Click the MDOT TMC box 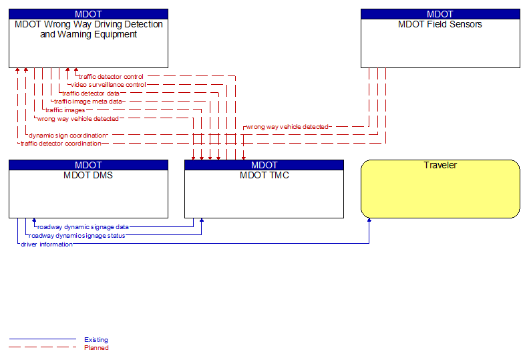[264, 194]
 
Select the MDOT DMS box [88, 194]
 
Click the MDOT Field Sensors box [440, 43]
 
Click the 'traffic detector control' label [111, 77]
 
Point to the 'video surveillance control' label [108, 85]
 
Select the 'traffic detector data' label [92, 94]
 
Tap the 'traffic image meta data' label [87, 102]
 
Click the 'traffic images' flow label [65, 110]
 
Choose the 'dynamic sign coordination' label [67, 135]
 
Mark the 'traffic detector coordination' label [61, 144]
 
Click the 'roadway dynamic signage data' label [83, 227]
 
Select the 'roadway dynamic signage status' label [77, 235]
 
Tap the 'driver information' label [46, 244]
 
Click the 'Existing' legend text [96, 340]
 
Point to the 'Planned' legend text [96, 347]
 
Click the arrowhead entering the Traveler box [369, 221]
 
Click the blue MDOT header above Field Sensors [440, 14]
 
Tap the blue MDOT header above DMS [88, 165]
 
